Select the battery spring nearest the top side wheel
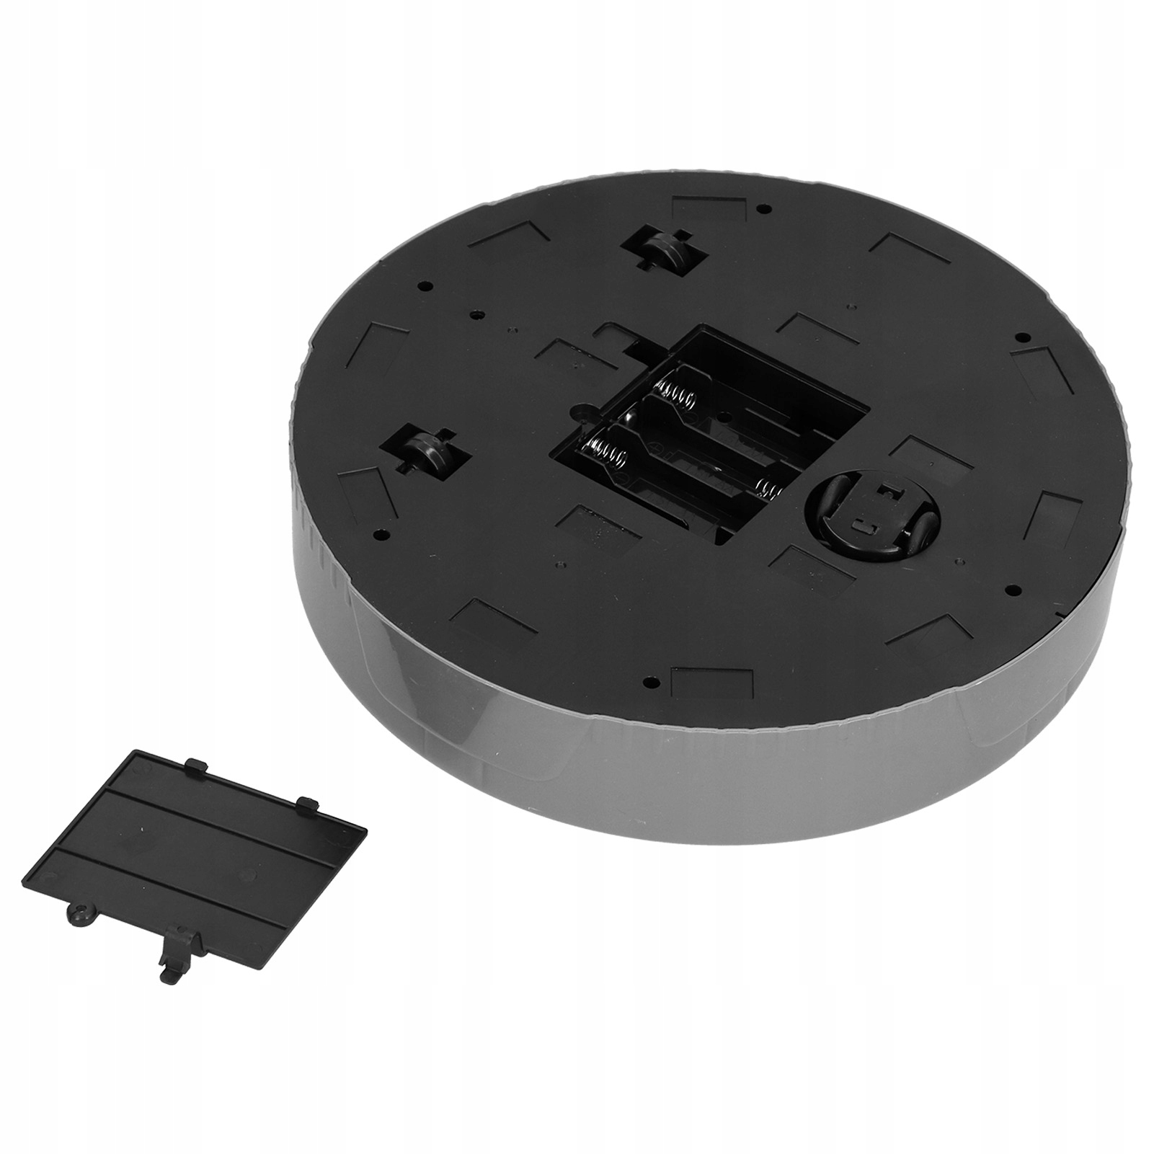pyautogui.click(x=677, y=396)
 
